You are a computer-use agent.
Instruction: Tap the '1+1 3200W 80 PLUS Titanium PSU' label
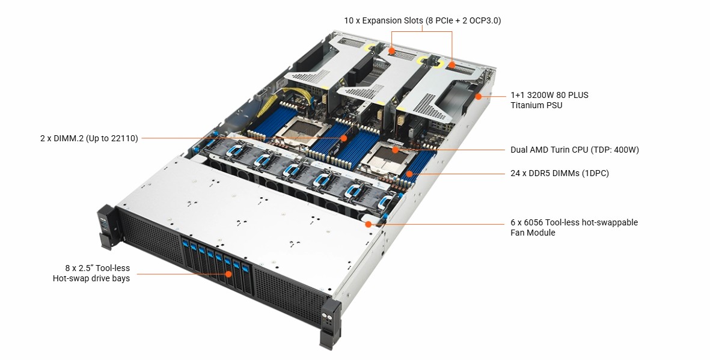point(549,100)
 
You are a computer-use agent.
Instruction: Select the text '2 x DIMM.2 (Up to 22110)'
point(89,138)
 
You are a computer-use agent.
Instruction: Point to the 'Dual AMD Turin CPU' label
point(574,150)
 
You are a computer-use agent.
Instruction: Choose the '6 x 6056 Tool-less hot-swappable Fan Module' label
point(574,227)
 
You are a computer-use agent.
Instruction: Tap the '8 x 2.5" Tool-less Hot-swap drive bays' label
point(91,273)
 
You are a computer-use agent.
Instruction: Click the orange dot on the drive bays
point(228,274)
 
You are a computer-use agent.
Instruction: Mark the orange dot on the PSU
point(479,96)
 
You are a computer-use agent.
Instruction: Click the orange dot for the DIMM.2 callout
point(344,138)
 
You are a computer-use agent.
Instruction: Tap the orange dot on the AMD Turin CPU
point(396,149)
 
